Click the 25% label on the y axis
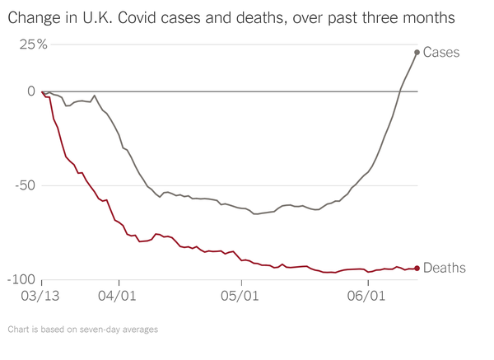tap(34, 44)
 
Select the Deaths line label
tap(445, 268)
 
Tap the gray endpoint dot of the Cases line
tap(417, 52)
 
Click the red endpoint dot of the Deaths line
tap(417, 268)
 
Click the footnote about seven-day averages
tap(82, 330)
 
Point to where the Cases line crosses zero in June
tap(400, 91)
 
